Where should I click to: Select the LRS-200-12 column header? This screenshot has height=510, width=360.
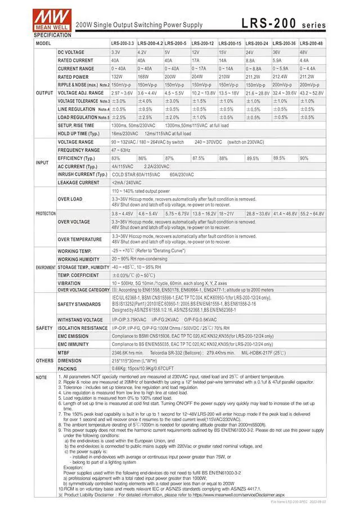coord(202,43)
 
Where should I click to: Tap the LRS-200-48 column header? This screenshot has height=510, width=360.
coord(311,43)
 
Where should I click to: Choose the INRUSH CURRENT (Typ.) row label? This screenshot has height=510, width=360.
coord(82,175)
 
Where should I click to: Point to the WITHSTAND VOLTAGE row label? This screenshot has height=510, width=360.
coord(80,320)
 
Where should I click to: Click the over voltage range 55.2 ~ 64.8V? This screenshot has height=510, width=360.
coord(312,214)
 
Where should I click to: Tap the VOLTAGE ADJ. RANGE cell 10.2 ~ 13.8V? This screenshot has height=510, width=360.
coord(204,93)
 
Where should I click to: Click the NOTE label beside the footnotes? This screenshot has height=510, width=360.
coord(42,378)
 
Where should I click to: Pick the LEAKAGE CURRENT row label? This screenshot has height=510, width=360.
coord(78,183)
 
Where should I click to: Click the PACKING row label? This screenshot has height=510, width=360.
coord(67,369)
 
